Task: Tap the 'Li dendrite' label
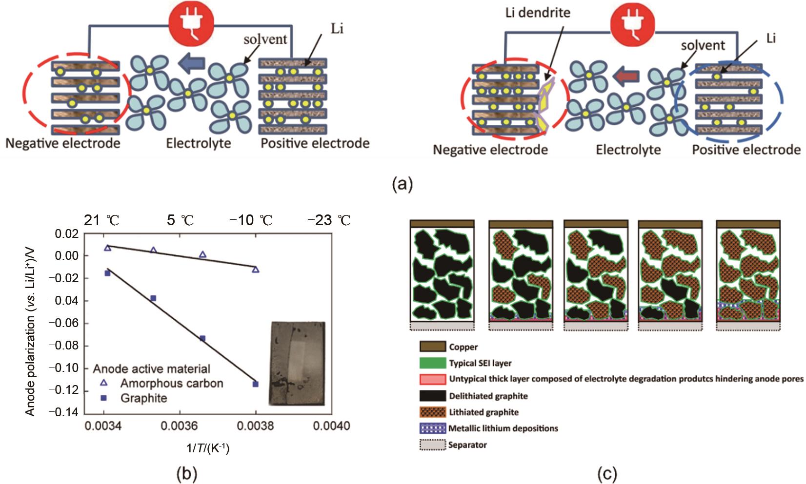point(537,12)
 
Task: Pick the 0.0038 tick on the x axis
point(255,426)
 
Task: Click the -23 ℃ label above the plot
point(329,220)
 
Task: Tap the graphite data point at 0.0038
point(256,384)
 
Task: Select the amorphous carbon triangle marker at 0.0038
point(256,269)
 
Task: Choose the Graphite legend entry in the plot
point(143,398)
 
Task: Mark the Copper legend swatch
point(433,347)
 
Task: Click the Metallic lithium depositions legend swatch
point(433,428)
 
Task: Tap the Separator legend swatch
point(433,445)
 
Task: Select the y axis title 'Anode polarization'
point(30,323)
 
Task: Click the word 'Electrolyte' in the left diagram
point(199,143)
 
